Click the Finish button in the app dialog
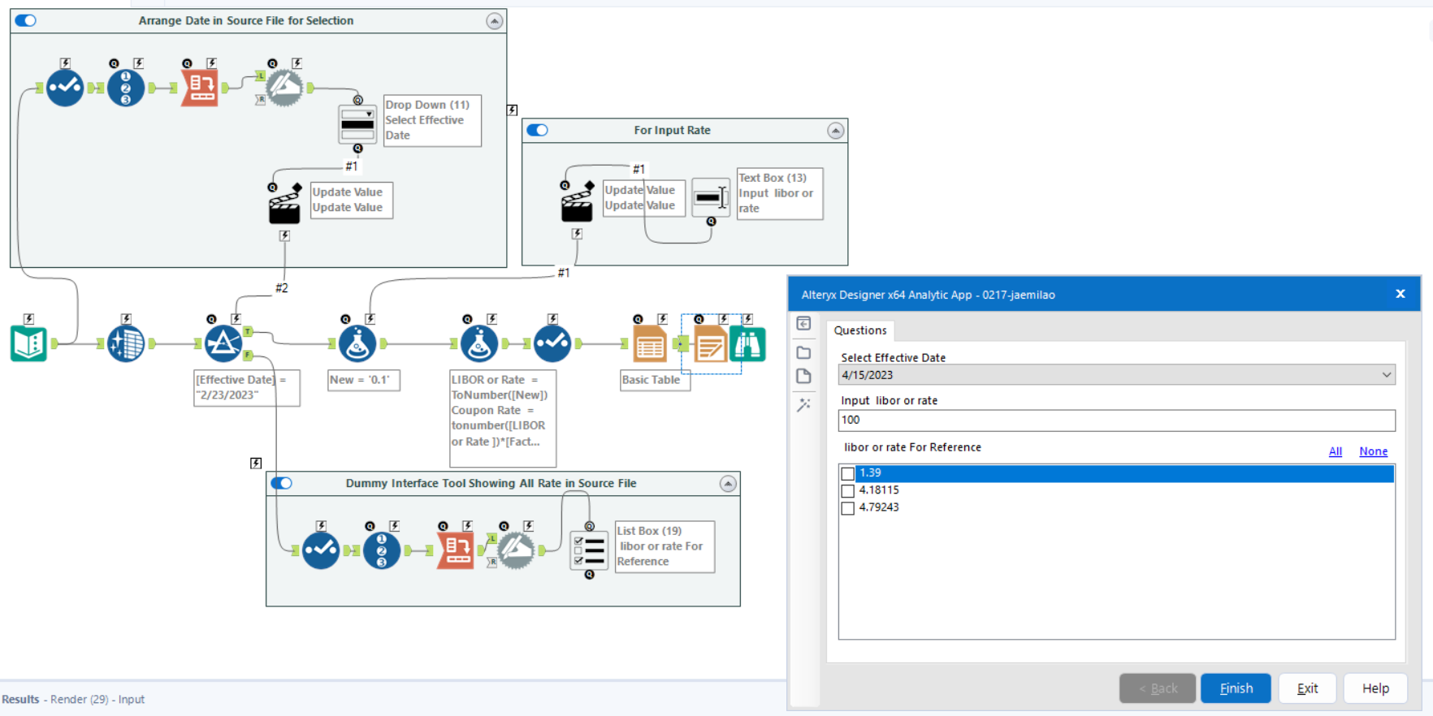point(1236,688)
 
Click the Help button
point(1375,688)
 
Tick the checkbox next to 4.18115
point(848,491)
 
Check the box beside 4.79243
point(848,508)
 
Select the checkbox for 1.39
point(848,473)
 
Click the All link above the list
point(1335,451)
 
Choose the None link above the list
point(1373,451)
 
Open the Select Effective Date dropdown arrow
point(1386,375)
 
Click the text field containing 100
point(1116,421)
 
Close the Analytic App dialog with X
point(1400,294)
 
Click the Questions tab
point(860,330)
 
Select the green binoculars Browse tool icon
point(747,344)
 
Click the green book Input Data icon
point(29,344)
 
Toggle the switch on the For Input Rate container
point(538,130)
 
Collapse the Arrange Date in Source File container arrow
point(494,21)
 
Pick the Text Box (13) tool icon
point(711,196)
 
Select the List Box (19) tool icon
point(589,550)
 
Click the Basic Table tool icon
point(650,344)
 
